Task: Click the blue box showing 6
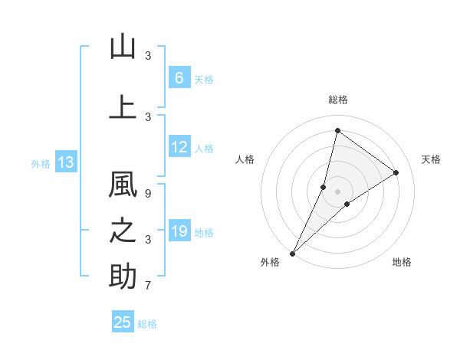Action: (x=179, y=77)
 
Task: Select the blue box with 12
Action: (x=179, y=147)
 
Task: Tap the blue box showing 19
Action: (x=179, y=231)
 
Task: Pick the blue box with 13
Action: (x=65, y=162)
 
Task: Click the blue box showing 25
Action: (x=123, y=322)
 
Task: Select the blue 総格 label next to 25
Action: (x=147, y=323)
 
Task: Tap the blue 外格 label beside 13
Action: (x=41, y=163)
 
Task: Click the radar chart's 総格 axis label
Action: (x=337, y=100)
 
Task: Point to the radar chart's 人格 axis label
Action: (x=245, y=159)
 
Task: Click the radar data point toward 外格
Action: (x=292, y=253)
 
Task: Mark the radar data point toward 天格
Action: (x=396, y=172)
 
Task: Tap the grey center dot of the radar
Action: (x=337, y=191)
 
